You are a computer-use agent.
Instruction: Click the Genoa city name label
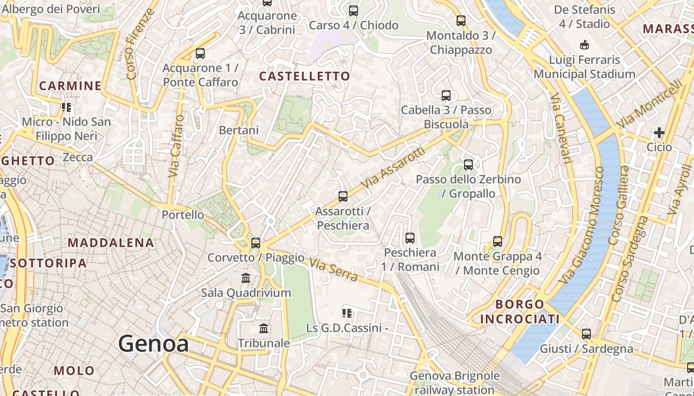[153, 344]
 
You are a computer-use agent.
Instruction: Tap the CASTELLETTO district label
[304, 76]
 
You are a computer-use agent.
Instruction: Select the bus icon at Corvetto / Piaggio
[256, 243]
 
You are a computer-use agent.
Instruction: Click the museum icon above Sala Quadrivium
[246, 278]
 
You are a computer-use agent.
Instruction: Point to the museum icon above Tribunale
[264, 328]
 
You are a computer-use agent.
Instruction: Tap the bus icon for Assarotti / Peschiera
[343, 196]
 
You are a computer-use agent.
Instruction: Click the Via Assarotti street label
[393, 167]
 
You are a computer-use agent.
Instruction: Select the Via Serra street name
[333, 270]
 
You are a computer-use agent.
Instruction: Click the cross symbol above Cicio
[659, 133]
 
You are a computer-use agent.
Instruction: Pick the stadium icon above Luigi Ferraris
[584, 45]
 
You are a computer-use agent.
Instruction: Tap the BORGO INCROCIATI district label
[520, 312]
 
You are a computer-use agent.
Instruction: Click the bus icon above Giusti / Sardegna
[586, 334]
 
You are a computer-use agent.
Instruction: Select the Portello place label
[183, 215]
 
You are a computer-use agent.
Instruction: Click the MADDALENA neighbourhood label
[111, 243]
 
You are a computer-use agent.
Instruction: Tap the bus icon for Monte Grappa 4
[498, 242]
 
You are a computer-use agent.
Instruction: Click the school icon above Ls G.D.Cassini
[347, 313]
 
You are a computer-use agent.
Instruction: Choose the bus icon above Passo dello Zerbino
[468, 164]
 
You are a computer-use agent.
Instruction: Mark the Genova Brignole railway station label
[455, 383]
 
